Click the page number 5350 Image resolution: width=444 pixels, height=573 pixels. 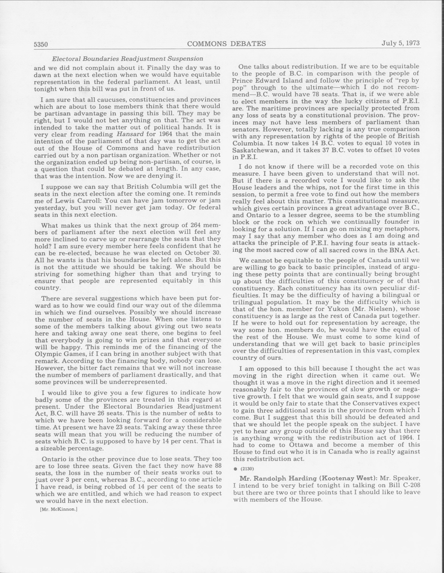click(41, 44)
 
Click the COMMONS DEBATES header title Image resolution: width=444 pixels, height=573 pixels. click(226, 44)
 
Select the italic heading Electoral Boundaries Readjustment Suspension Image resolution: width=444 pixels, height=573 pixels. click(128, 59)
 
